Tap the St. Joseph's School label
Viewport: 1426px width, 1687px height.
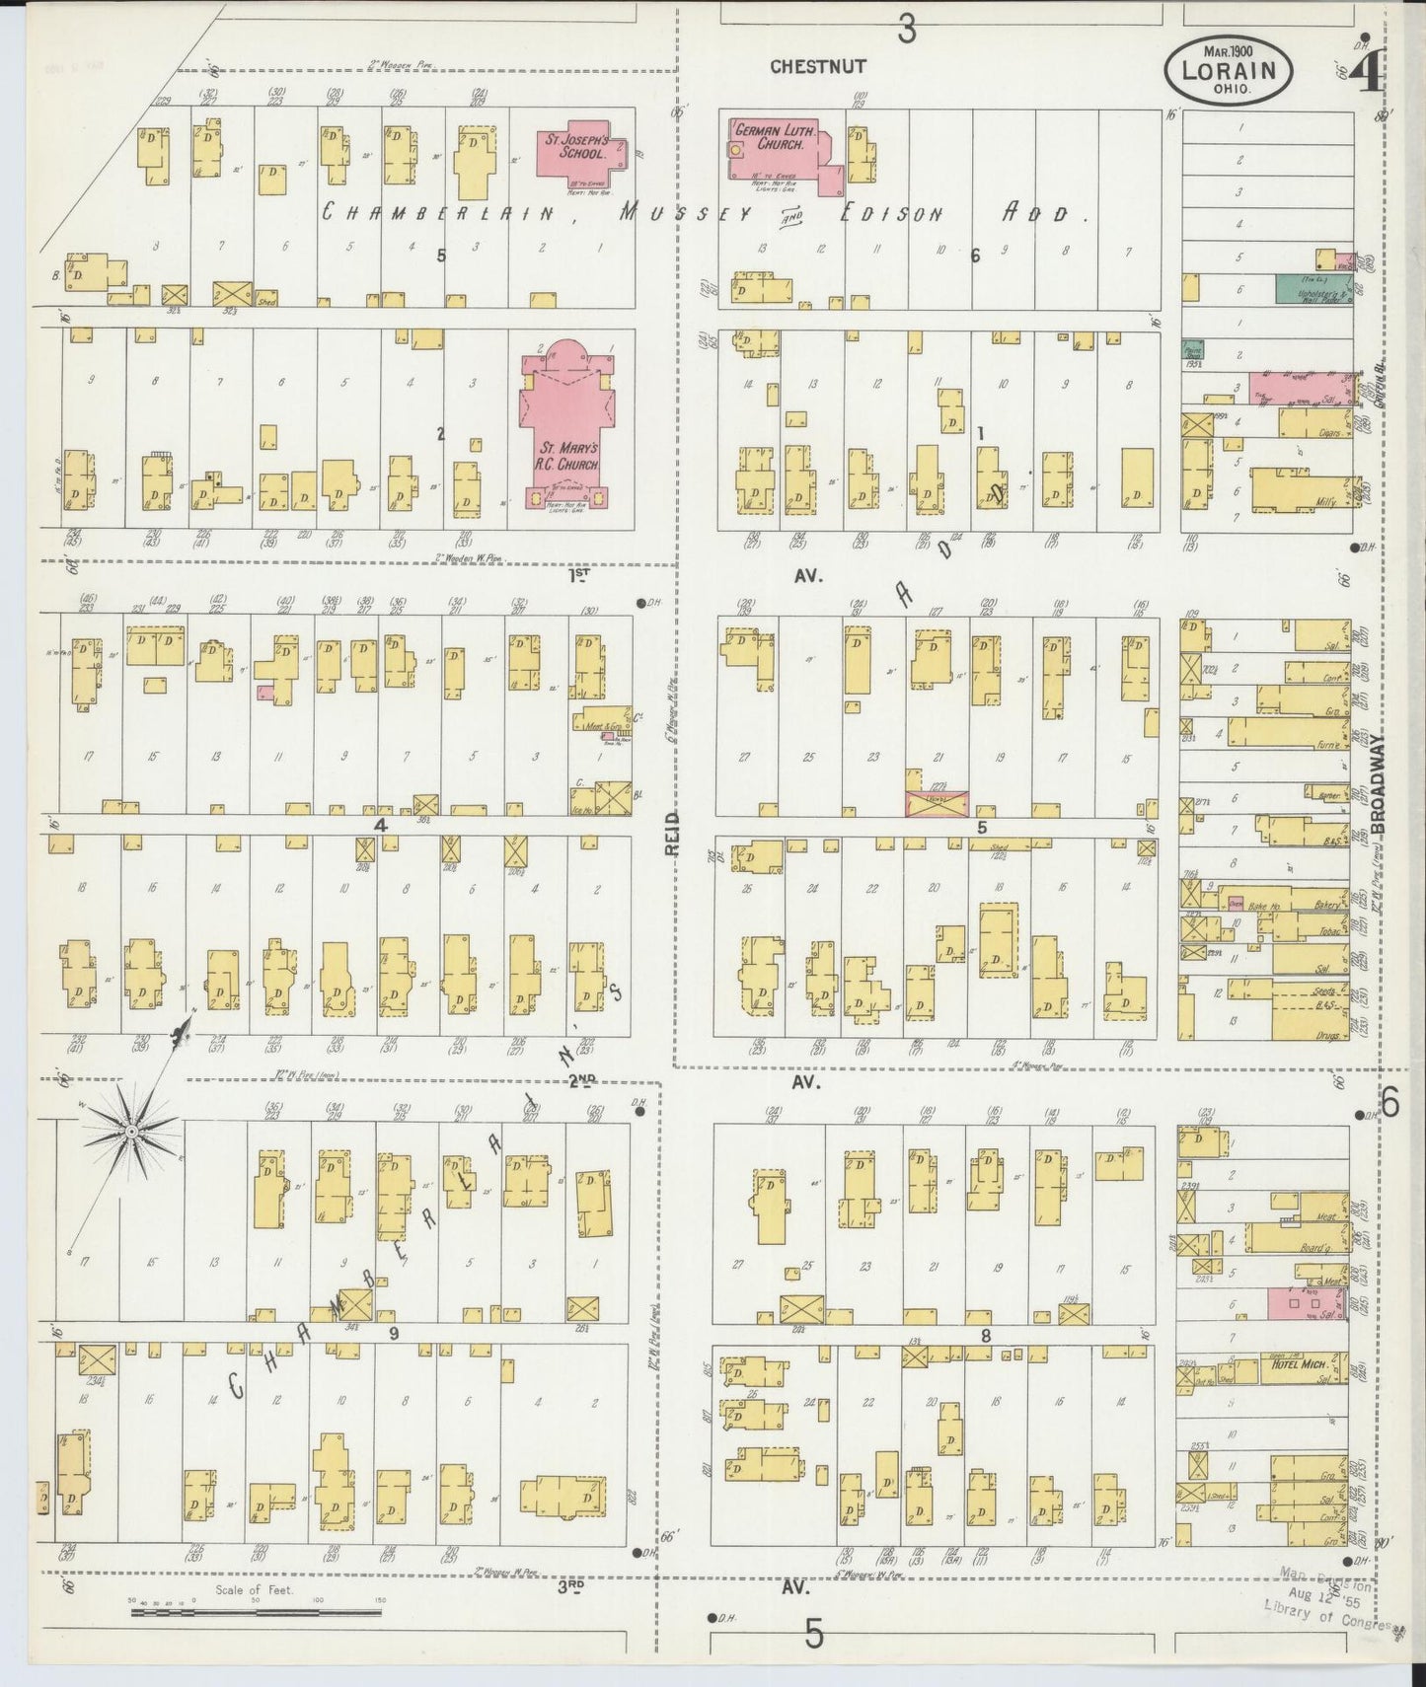click(575, 147)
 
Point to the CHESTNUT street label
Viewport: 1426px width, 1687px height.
click(818, 66)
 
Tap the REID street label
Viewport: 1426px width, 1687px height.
click(669, 833)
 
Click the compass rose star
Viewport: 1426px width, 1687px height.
click(130, 1126)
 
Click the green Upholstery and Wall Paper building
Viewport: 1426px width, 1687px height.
click(1313, 288)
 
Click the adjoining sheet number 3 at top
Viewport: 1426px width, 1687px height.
click(906, 30)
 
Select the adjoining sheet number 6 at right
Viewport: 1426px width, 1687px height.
click(1389, 1103)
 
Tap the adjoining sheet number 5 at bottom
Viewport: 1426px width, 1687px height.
click(813, 1635)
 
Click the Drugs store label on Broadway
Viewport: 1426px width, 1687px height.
click(1326, 1035)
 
